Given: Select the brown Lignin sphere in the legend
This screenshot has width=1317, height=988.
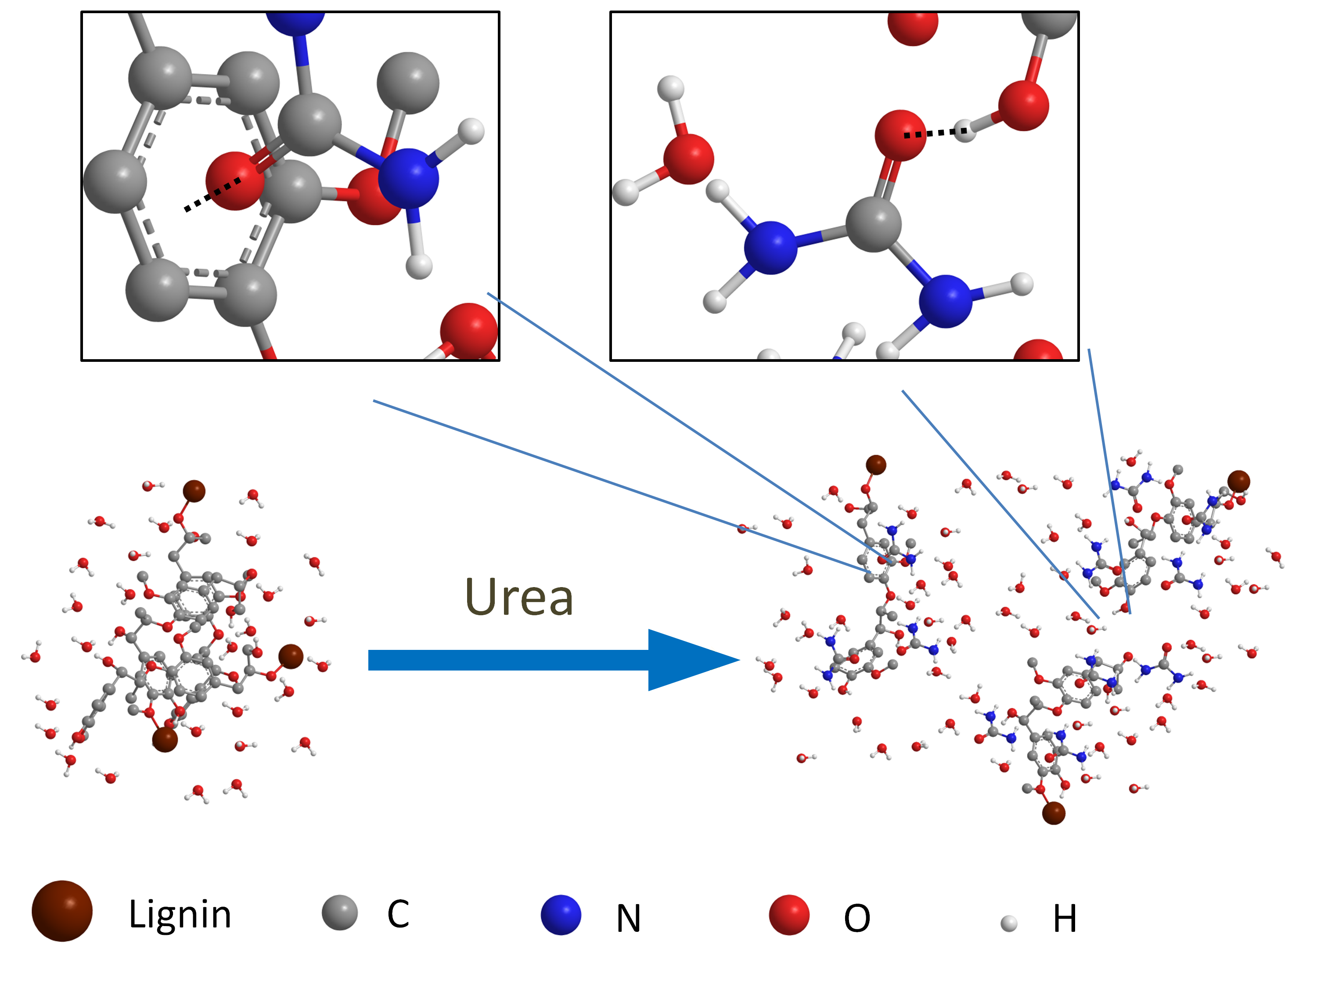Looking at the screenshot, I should coord(62,911).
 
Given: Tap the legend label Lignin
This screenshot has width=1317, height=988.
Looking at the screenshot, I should coord(180,914).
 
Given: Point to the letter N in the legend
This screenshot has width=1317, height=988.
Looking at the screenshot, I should coord(628,918).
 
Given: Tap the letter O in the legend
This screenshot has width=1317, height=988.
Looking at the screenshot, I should coord(857,918).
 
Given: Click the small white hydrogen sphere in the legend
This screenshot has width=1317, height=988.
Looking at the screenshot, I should coord(1008,924).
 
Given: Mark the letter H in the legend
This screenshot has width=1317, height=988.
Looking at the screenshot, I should coord(1065,918).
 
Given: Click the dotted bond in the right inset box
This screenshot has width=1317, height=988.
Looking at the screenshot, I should coord(935,133).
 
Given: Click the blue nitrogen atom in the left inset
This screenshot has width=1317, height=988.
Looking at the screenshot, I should coord(408,177).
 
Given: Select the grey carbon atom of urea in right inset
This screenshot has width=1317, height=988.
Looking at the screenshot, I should coord(874,224).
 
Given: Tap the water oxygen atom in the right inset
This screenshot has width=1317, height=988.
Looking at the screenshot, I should coord(688,159).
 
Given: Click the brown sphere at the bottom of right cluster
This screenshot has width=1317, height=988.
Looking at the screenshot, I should coord(1053,813).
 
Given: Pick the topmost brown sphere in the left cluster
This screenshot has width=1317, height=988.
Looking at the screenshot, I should coord(194,491).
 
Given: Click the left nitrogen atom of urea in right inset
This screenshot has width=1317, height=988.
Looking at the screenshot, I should coord(770,247).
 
